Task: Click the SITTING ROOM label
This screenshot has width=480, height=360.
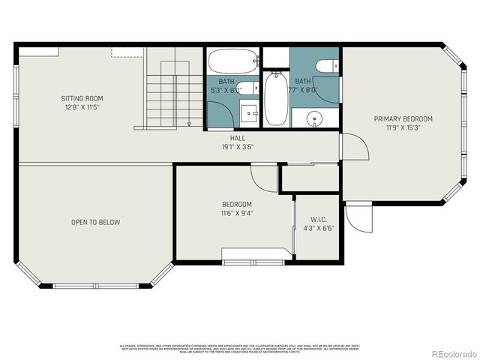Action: pos(82,98)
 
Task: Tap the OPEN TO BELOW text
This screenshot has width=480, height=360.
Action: pos(95,222)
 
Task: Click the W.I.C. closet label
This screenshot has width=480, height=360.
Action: pos(318,220)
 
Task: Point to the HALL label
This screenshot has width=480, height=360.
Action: pos(238,139)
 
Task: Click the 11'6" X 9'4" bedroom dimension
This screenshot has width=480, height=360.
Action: pos(236,213)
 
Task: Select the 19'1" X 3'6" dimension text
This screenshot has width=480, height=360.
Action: pos(238,147)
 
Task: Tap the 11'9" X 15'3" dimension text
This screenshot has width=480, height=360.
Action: pos(403,127)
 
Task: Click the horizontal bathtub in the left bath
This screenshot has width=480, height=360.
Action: pos(232,61)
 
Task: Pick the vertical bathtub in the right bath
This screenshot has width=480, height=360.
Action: pos(274,100)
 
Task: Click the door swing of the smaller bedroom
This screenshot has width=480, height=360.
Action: pos(263,177)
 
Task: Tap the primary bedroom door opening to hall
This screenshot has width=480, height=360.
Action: pos(354,148)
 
